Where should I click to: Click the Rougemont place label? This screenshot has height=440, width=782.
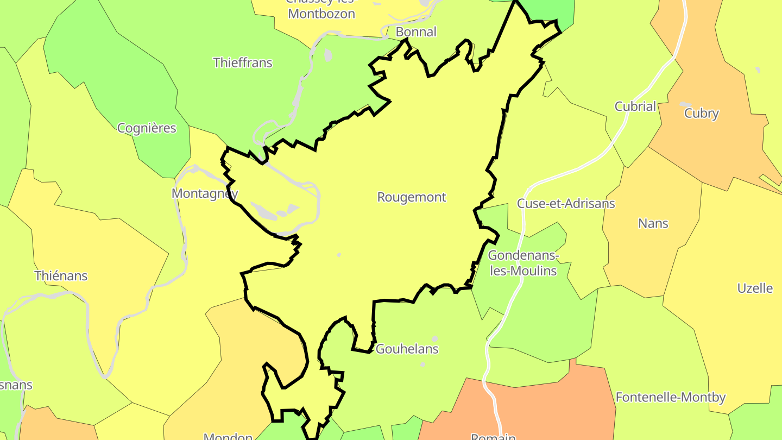click(x=412, y=197)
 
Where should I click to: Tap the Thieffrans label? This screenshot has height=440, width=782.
click(x=243, y=62)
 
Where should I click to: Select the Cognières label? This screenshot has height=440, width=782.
click(x=147, y=128)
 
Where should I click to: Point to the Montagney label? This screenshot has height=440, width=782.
click(x=205, y=193)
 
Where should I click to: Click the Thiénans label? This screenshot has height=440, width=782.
click(x=61, y=275)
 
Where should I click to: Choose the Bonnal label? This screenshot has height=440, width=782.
click(x=416, y=32)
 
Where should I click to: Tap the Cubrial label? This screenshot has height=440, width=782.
click(x=635, y=106)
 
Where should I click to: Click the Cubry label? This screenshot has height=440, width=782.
click(x=702, y=114)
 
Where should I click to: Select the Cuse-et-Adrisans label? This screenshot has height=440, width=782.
click(x=566, y=204)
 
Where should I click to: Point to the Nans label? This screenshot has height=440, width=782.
click(x=653, y=223)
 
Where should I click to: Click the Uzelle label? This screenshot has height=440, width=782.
click(x=755, y=288)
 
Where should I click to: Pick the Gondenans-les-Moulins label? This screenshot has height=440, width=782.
click(x=524, y=263)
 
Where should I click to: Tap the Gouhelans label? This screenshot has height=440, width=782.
click(x=407, y=349)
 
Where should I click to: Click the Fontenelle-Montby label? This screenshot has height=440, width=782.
click(x=671, y=398)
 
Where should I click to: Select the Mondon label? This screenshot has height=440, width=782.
click(x=228, y=436)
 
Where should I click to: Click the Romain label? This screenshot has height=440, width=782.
click(x=493, y=436)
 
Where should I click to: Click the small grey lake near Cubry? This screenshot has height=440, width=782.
click(x=685, y=104)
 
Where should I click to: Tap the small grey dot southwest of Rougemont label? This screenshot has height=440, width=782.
click(x=339, y=255)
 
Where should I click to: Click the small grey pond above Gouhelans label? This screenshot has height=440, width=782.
click(x=434, y=338)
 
